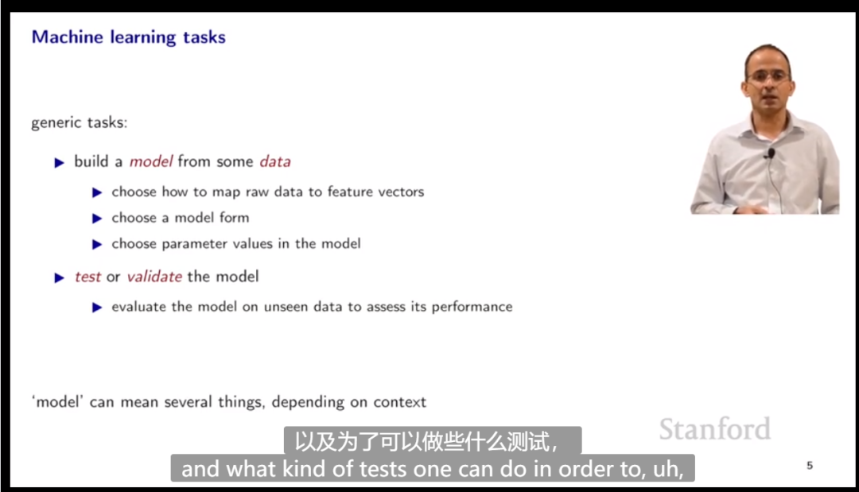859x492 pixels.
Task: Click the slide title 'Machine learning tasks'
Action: tap(128, 37)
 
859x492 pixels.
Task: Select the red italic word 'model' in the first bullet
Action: tap(150, 161)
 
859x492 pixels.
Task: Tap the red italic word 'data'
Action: tap(275, 161)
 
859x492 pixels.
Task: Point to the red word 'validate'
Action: tap(154, 277)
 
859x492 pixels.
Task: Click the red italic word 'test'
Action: tap(87, 277)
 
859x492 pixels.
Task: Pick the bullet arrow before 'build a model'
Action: tap(59, 162)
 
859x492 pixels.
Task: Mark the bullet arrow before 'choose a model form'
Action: tap(97, 219)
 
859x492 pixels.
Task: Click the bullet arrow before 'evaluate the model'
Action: tap(97, 308)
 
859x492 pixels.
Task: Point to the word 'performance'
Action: tap(472, 307)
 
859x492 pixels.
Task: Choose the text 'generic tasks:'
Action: tap(79, 122)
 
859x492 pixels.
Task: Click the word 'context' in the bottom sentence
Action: tap(399, 402)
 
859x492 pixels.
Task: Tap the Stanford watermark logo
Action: tap(715, 428)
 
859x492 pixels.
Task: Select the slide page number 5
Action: tap(810, 465)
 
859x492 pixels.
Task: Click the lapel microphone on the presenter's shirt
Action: tap(771, 153)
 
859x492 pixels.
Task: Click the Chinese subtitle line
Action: tap(432, 441)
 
